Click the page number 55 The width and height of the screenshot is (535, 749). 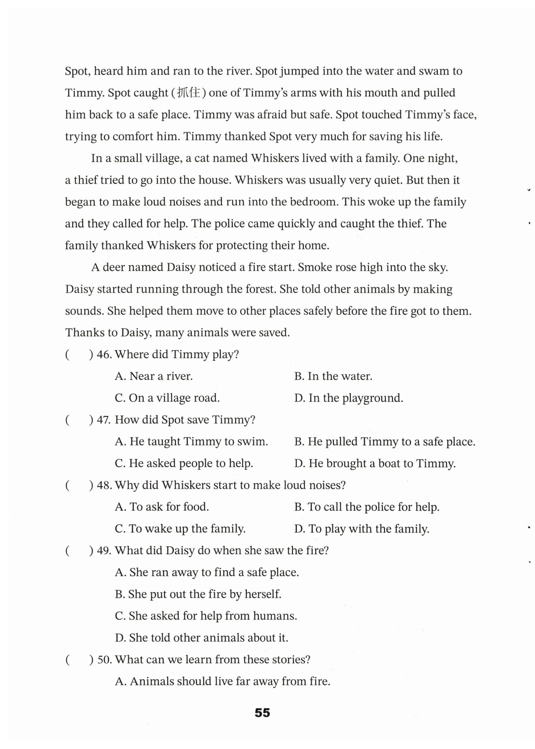(262, 713)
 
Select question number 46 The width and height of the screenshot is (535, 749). (104, 354)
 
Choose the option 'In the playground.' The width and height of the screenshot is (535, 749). (349, 398)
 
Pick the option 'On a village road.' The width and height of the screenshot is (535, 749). (167, 398)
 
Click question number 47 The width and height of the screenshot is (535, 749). (104, 420)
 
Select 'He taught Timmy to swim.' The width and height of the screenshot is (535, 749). (191, 442)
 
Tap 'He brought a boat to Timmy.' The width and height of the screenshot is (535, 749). (375, 464)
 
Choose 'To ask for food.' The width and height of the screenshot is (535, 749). (162, 507)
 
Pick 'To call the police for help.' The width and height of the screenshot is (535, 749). (367, 507)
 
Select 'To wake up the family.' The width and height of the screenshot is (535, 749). (180, 529)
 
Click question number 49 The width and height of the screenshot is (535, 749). (104, 551)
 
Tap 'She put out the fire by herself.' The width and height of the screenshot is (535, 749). (198, 594)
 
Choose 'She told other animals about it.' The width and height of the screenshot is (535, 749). (201, 638)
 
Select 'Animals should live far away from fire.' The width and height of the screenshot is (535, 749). (223, 682)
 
